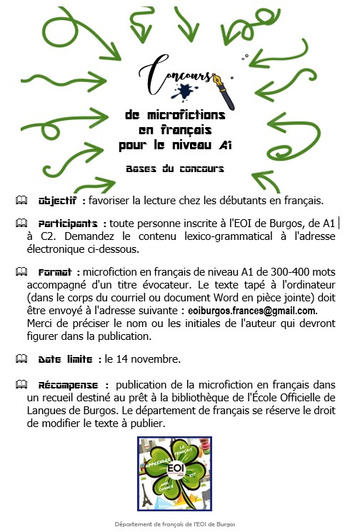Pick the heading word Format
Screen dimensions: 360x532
pos(56,272)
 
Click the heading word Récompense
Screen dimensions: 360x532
pos(72,384)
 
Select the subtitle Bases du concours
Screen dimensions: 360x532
pos(175,169)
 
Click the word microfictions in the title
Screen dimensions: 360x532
pos(175,114)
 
